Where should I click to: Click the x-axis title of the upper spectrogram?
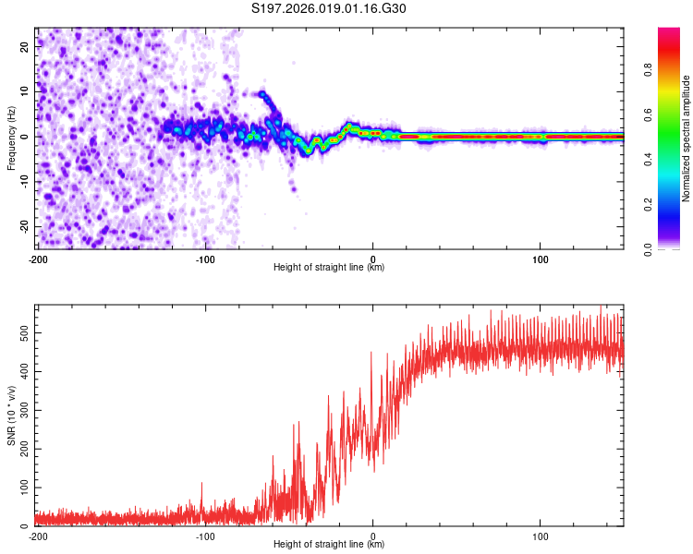(x=329, y=267)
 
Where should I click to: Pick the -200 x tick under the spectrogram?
(x=38, y=258)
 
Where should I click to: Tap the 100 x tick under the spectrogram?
(x=541, y=258)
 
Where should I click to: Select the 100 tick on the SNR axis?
(x=22, y=486)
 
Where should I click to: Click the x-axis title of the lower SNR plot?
(x=329, y=544)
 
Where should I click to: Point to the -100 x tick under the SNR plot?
(x=205, y=535)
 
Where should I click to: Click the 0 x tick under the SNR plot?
(x=373, y=535)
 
